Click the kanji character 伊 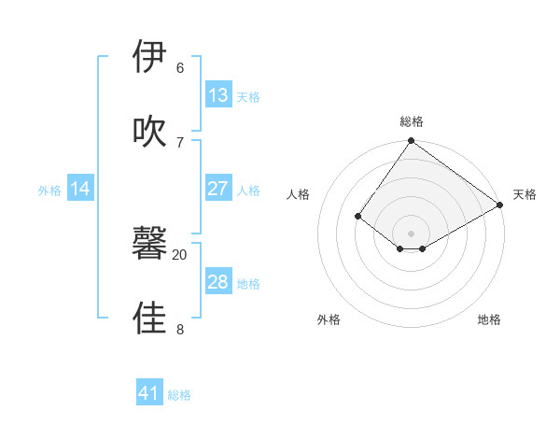point(149,58)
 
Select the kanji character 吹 point(149,132)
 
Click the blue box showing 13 point(218,95)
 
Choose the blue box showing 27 point(218,189)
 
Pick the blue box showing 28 point(218,282)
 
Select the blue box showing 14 point(80,189)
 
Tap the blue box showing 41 point(149,393)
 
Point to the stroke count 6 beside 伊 point(180,68)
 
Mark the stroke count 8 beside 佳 point(180,329)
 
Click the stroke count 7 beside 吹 point(180,142)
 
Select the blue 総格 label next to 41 point(179,395)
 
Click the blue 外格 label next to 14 point(49,191)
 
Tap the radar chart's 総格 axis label point(412,121)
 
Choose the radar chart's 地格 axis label point(489,319)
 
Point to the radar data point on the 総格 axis point(412,142)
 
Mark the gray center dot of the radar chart point(412,233)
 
